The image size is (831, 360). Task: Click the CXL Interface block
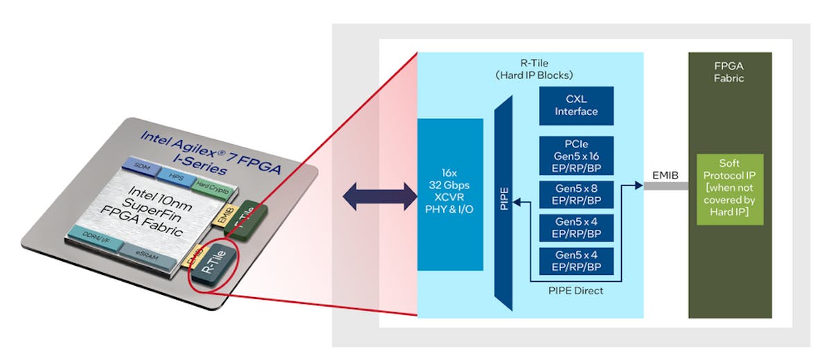(x=576, y=106)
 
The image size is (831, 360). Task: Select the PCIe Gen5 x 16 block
(x=576, y=155)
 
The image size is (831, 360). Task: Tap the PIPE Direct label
(x=575, y=291)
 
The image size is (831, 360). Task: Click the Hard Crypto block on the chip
(x=208, y=186)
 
